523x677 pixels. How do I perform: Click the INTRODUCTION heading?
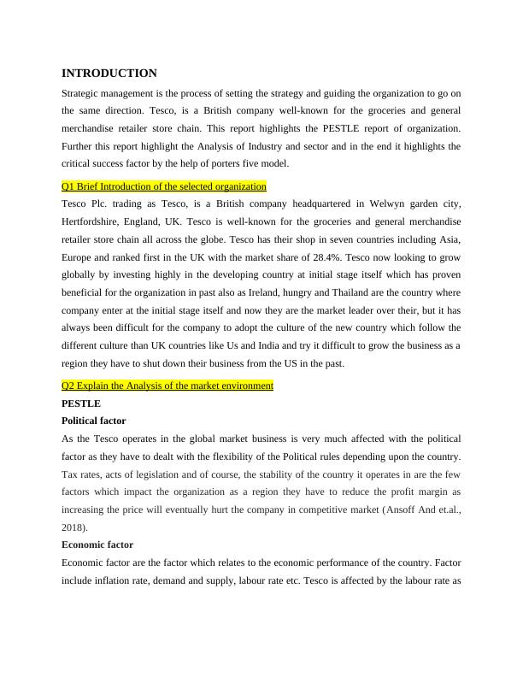point(109,74)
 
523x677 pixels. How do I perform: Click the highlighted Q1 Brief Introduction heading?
point(164,186)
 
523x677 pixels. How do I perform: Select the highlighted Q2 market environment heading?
point(167,386)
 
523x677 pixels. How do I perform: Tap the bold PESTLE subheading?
point(81,403)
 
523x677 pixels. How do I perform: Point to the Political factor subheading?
point(94,421)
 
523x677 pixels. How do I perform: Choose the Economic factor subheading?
point(97,545)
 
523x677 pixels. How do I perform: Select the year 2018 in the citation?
point(75,527)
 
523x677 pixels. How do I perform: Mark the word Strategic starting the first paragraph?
point(84,93)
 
